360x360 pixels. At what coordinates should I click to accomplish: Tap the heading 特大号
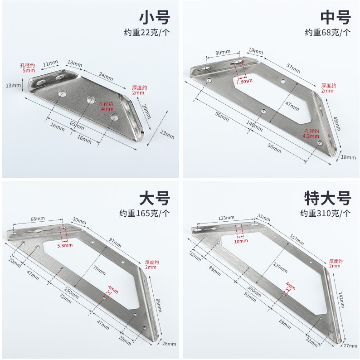tap(327, 198)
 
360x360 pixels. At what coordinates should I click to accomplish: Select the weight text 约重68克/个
tap(327, 32)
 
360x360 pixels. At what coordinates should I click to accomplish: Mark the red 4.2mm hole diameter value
tap(311, 135)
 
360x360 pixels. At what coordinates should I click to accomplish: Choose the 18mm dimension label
tap(348, 157)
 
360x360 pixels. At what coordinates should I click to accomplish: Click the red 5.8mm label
tap(65, 245)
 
